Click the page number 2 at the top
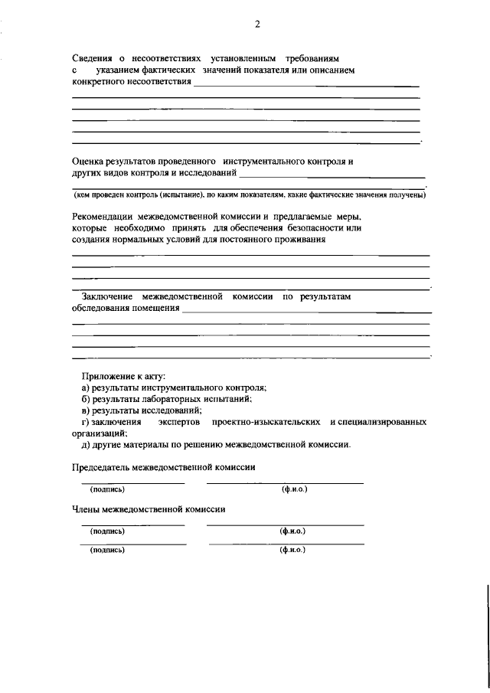(x=257, y=25)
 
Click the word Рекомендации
(x=106, y=216)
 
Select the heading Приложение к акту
(x=123, y=376)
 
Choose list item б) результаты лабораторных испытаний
(x=166, y=399)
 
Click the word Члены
(x=87, y=508)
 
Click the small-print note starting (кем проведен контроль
(x=250, y=195)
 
